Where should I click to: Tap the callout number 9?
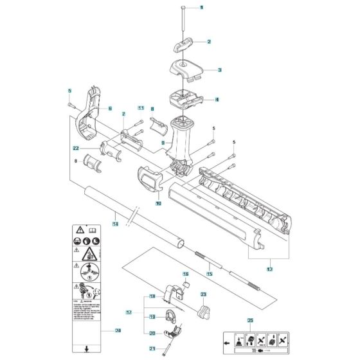click(x=165, y=141)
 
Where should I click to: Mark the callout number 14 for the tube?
click(x=115, y=224)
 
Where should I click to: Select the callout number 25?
click(x=249, y=320)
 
